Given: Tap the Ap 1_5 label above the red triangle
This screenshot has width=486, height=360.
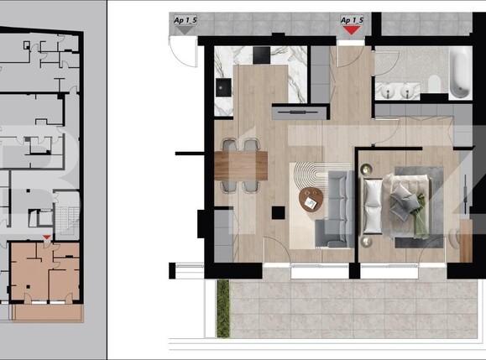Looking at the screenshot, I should [352, 18].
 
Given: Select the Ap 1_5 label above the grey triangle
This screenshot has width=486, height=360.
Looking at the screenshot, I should [185, 18].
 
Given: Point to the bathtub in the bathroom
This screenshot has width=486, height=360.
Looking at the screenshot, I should [460, 73].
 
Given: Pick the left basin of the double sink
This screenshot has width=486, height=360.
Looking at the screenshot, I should [390, 90].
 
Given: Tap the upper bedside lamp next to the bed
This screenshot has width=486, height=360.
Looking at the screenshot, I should [367, 170].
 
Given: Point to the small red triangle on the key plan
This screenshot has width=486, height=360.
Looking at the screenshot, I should [46, 240].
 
